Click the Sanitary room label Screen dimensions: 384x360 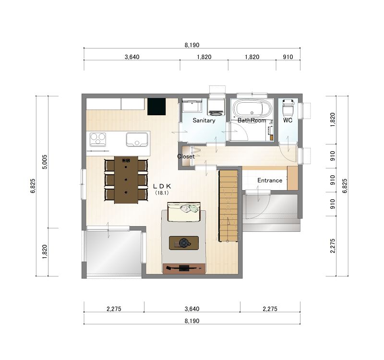point(204,120)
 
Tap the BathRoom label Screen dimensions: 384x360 point(252,120)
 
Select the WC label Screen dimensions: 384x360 point(288,120)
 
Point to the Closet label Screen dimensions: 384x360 point(186,156)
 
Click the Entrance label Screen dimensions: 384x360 point(270,180)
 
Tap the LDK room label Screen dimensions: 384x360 point(162,186)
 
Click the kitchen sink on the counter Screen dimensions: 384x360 point(137,139)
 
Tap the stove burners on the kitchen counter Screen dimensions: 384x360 point(98,139)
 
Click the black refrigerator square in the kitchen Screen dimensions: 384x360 point(156,107)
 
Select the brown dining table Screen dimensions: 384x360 point(126,180)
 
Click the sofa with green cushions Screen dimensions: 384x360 point(184,212)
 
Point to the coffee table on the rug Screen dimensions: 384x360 point(184,243)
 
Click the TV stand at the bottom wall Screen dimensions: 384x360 point(184,269)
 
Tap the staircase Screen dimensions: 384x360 point(228,206)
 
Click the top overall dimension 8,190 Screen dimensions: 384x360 point(192,45)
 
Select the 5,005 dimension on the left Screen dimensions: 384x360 point(45,162)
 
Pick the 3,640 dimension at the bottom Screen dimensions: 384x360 point(192,309)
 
